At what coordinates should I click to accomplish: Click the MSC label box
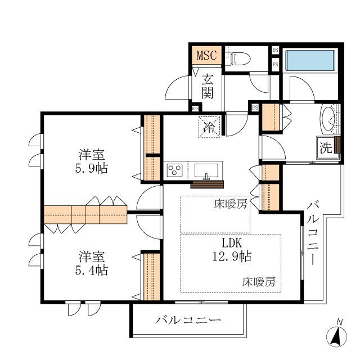[206, 56]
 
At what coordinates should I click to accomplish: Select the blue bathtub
[310, 60]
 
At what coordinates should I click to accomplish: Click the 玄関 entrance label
[208, 87]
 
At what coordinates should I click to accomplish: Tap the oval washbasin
[327, 119]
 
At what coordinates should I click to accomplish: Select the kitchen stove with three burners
[174, 170]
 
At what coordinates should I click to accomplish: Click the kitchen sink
[209, 169]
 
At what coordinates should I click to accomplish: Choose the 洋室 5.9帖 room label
[93, 161]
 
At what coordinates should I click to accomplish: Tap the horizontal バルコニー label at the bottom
[188, 321]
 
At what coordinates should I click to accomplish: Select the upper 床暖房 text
[230, 204]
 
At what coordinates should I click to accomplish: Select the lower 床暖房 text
[259, 281]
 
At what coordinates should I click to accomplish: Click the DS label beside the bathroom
[275, 50]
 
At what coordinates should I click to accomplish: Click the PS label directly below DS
[275, 64]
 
